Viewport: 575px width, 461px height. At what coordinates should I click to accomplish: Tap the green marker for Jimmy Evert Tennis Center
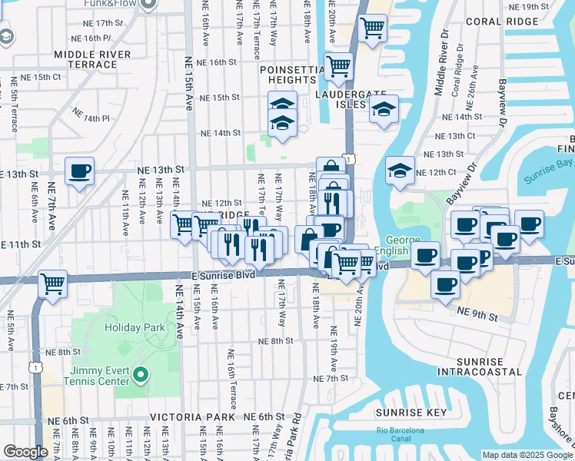(x=140, y=376)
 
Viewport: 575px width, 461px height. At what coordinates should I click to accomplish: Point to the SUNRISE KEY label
(x=411, y=413)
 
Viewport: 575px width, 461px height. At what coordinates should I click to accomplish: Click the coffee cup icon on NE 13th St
(x=79, y=171)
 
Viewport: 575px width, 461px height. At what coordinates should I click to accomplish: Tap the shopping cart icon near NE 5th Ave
(x=53, y=284)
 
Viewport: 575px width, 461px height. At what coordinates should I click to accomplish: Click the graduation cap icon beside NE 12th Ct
(x=400, y=171)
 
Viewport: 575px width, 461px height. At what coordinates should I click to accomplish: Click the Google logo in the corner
(x=25, y=452)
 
